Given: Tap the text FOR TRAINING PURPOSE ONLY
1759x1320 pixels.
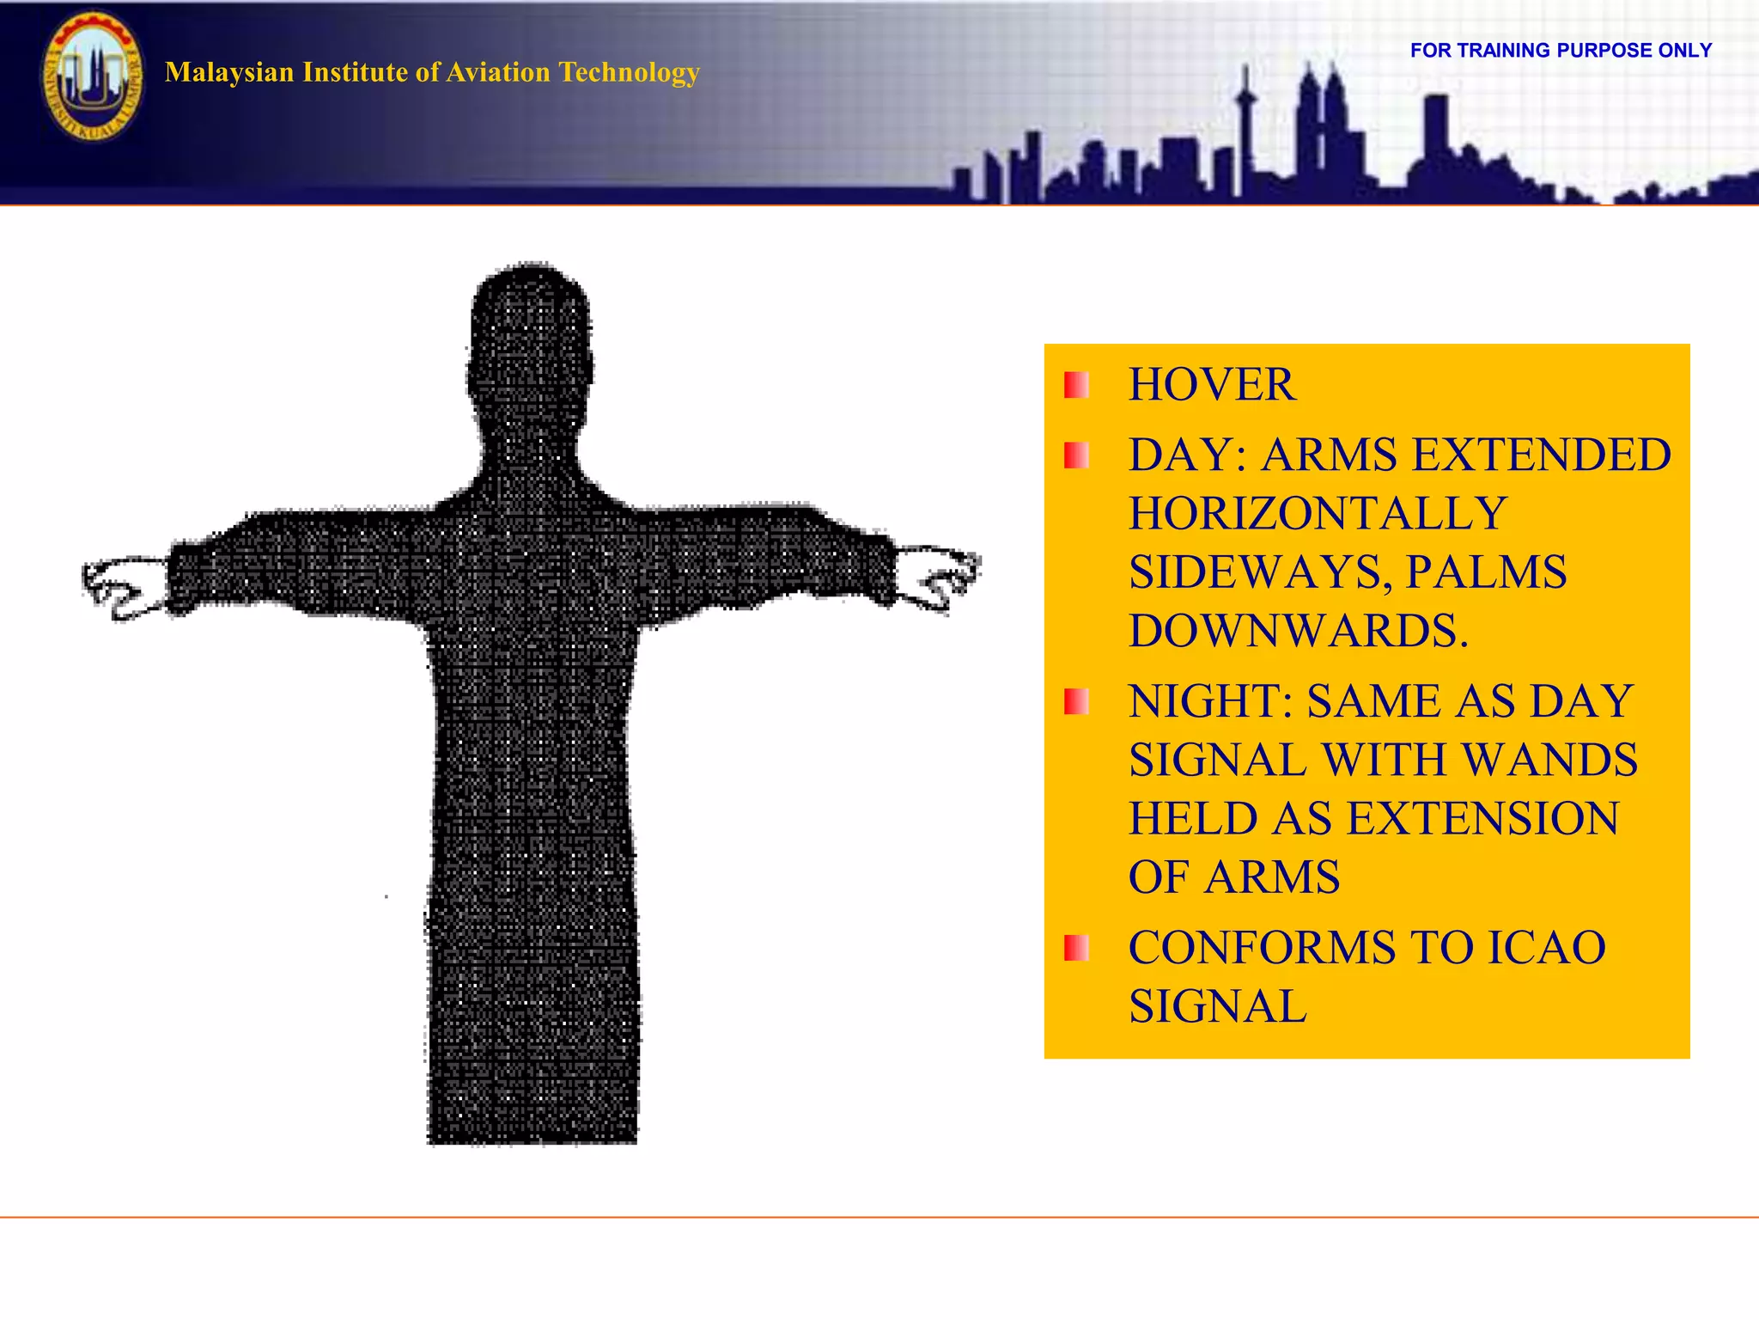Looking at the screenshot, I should point(1561,51).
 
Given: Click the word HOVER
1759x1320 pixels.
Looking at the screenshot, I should point(1211,384).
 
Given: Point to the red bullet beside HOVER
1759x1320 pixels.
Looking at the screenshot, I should point(1076,385).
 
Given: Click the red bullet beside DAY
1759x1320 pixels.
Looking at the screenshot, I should point(1076,455).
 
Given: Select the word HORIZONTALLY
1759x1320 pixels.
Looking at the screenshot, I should point(1318,514).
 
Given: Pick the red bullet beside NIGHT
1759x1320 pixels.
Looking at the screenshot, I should point(1076,702).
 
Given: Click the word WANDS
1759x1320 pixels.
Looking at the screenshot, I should point(1549,760).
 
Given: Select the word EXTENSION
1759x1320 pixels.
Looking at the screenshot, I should point(1482,818).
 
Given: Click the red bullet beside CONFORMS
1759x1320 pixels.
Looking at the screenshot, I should point(1076,949).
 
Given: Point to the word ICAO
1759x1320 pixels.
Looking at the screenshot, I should point(1546,948).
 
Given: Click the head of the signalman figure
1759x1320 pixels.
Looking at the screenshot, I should point(531,344).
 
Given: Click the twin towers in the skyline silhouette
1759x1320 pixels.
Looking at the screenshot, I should point(1321,120).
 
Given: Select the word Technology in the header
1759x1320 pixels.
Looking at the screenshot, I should point(630,72).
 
